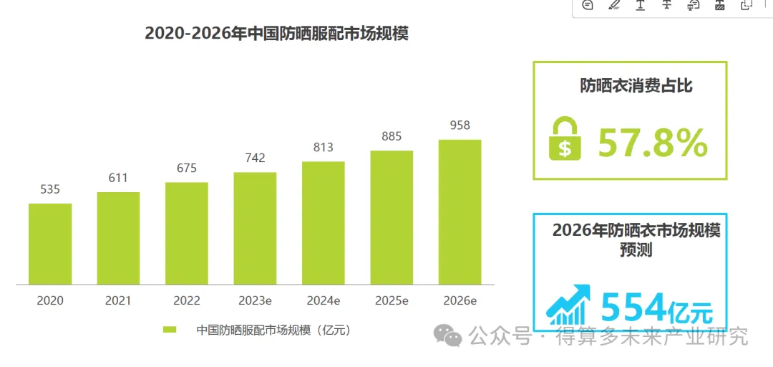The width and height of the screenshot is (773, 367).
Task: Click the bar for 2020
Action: point(50,244)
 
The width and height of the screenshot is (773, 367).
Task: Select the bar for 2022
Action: point(187,233)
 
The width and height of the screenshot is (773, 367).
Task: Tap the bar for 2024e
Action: point(324,222)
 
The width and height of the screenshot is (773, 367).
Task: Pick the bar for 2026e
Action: point(460,211)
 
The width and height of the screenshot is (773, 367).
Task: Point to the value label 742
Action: point(255,158)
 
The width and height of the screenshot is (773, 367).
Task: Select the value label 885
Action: point(392,136)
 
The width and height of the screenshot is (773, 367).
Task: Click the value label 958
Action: point(460,125)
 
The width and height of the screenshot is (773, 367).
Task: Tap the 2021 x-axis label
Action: point(119,301)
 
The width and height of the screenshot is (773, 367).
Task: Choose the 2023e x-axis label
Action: point(255,301)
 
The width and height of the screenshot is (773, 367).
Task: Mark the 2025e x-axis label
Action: point(392,301)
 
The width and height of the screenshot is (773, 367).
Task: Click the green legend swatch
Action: point(170,330)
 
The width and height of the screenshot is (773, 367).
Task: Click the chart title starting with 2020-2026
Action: point(276,33)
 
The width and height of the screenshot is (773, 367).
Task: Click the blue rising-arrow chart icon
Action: point(568,304)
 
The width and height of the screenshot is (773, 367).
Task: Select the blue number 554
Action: point(633,308)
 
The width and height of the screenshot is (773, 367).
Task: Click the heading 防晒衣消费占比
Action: point(636,87)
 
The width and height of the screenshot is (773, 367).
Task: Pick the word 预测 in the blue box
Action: point(636,251)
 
